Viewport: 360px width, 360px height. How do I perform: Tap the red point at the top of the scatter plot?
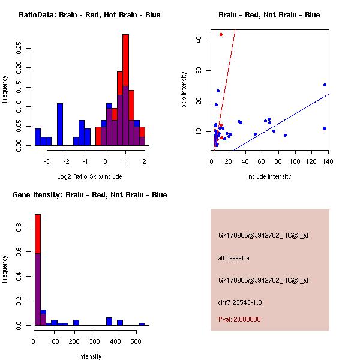[221, 35]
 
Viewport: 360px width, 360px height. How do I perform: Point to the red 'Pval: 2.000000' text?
[239, 319]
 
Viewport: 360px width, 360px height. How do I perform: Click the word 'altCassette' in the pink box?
[233, 258]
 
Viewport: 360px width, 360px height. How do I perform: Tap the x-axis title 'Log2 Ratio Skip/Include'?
[89, 179]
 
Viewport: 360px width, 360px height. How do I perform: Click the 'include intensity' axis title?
[269, 176]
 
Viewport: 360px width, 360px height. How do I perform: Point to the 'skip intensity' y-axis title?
[185, 90]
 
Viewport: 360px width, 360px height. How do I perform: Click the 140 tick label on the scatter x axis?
[327, 162]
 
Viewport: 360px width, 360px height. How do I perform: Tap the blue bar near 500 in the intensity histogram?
[142, 324]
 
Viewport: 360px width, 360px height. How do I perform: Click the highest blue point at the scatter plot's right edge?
[325, 85]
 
